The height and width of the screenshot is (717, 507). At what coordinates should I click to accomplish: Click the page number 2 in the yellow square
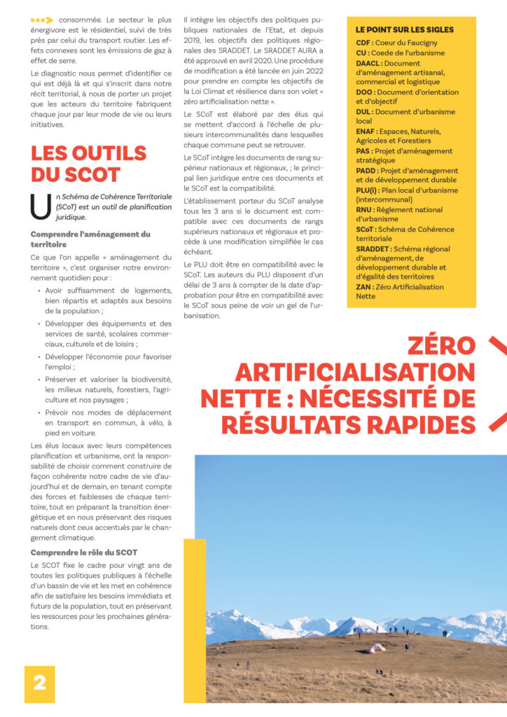(39, 683)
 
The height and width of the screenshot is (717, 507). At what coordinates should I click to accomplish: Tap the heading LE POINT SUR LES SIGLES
(405, 29)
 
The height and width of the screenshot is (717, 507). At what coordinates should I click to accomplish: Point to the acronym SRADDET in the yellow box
(373, 248)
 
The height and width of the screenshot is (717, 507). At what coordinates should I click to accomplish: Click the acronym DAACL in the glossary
(368, 62)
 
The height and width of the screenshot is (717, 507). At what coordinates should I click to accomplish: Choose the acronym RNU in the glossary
(365, 209)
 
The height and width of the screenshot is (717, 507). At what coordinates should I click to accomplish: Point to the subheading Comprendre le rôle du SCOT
(84, 552)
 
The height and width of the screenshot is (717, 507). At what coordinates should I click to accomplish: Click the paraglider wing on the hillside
(377, 648)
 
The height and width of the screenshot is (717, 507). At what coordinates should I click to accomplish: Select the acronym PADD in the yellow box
(367, 170)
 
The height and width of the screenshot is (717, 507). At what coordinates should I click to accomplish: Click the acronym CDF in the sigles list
(363, 42)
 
